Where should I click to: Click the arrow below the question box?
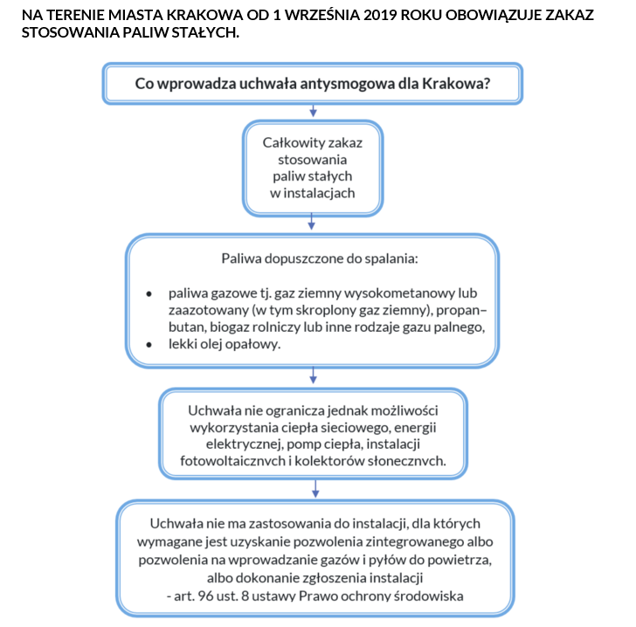pos(313,111)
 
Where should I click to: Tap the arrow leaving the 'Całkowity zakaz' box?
pos(313,224)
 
